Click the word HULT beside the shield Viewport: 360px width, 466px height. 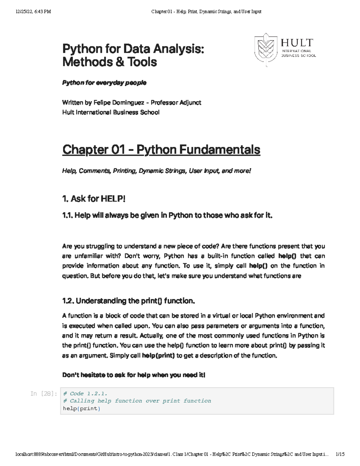(x=297, y=43)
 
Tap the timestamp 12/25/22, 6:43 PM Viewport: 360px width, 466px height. (x=33, y=12)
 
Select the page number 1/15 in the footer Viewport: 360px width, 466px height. (x=340, y=454)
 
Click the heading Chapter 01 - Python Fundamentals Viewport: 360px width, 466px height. (x=161, y=150)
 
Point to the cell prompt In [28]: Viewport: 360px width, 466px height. (x=44, y=394)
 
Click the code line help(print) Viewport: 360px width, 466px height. (x=82, y=408)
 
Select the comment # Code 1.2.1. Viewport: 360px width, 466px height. (x=85, y=393)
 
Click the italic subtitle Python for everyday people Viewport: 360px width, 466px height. (x=104, y=83)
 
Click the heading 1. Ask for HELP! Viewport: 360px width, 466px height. (x=94, y=199)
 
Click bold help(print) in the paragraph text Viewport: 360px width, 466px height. (x=158, y=356)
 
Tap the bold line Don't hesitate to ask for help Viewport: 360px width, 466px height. (x=133, y=375)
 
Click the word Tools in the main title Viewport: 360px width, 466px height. (x=142, y=62)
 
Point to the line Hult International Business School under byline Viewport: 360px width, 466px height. (x=111, y=113)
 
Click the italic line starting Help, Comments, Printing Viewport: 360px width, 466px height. (x=156, y=171)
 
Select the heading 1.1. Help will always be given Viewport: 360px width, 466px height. (x=167, y=215)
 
